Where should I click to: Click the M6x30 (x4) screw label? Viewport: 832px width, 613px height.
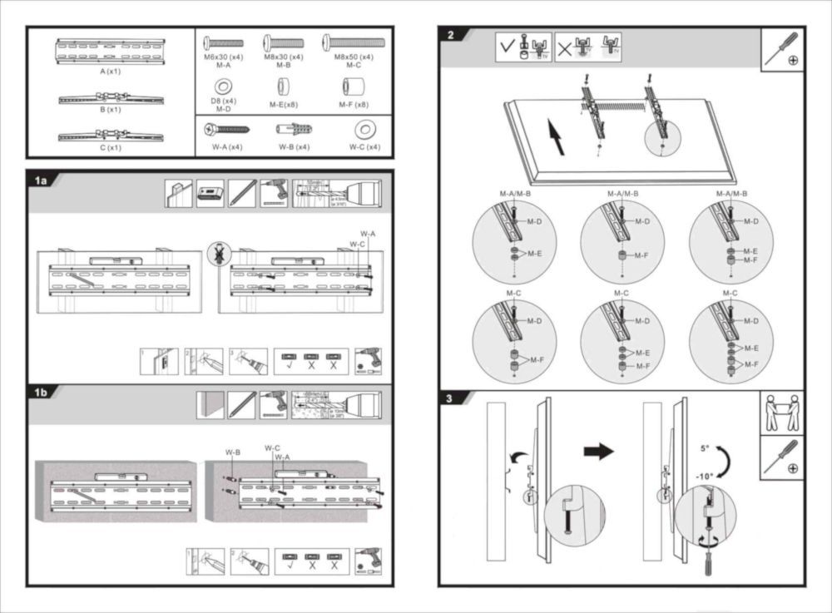(x=223, y=57)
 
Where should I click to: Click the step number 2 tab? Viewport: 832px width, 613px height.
(x=452, y=36)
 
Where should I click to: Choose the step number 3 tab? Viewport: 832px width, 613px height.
(x=450, y=398)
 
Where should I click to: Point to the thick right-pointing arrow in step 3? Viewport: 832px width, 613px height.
(x=598, y=452)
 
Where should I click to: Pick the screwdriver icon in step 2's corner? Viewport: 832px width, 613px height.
(x=782, y=50)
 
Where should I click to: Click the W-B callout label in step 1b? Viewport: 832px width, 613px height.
(x=232, y=452)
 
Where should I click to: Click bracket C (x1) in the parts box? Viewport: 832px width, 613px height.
(x=111, y=135)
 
